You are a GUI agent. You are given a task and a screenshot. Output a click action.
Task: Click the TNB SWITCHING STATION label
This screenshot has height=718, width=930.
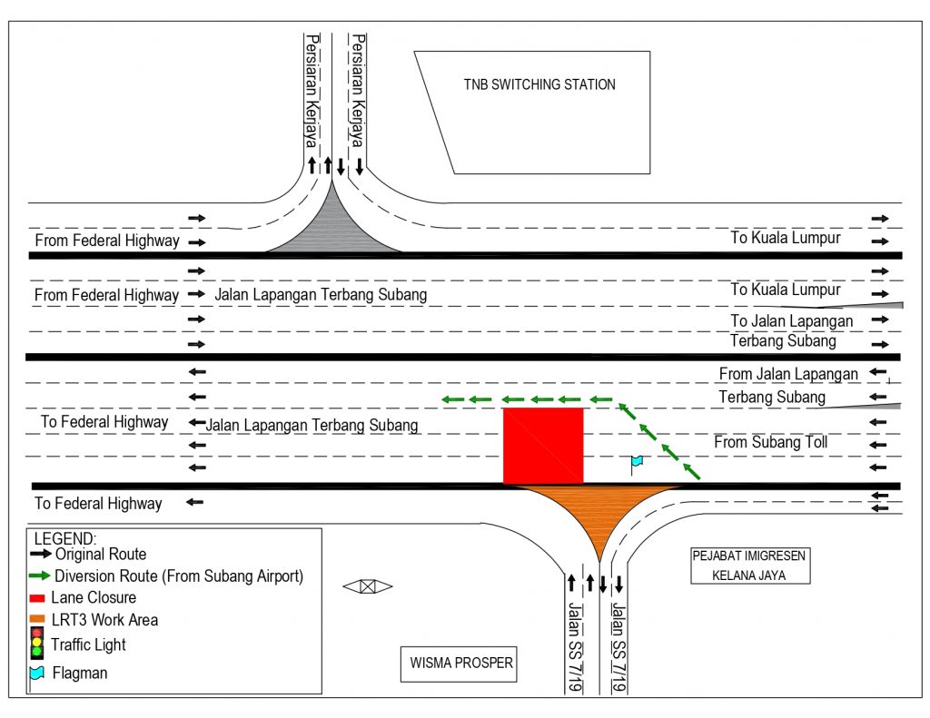click(539, 84)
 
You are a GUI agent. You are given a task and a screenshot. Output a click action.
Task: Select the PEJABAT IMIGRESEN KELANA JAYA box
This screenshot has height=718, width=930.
click(749, 566)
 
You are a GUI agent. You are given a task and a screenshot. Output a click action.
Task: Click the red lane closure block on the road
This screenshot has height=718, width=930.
click(543, 446)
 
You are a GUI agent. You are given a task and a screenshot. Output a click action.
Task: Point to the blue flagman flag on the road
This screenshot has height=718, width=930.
click(637, 463)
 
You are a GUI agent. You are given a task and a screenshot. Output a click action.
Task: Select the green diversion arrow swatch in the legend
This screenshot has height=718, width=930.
click(40, 575)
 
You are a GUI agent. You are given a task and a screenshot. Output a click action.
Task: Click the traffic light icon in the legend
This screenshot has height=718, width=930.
click(37, 643)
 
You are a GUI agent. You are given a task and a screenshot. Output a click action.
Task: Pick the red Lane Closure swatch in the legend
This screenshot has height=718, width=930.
click(37, 598)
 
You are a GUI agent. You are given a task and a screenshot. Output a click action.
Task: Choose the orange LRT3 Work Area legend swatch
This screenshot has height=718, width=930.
click(37, 620)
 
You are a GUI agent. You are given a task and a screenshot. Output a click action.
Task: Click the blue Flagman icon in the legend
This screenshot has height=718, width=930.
click(37, 674)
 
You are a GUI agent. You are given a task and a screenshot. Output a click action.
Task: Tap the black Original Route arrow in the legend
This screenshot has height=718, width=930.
click(41, 554)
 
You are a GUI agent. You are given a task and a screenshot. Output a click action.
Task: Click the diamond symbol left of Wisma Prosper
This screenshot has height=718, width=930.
click(367, 586)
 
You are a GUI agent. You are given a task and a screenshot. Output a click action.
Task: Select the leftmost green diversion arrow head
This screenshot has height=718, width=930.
click(447, 399)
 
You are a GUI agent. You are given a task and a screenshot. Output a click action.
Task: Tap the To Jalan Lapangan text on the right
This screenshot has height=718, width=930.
click(791, 321)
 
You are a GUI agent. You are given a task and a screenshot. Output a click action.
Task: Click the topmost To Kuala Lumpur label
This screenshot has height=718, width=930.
click(786, 238)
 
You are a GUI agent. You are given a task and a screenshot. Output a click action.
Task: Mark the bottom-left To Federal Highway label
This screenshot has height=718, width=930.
click(98, 504)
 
